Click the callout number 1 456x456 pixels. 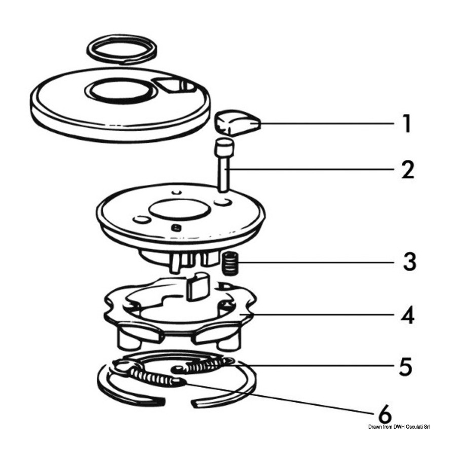pos(408,124)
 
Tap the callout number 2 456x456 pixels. pos(408,170)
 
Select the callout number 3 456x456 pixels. pos(410,261)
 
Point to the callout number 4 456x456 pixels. pos(408,315)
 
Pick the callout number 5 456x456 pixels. pos(405,366)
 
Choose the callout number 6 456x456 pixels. pos(385,414)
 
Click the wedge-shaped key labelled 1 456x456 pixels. pos(237,123)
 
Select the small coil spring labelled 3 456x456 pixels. pos(230,263)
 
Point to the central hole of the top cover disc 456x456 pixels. pos(120,91)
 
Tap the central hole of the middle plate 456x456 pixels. pos(178,210)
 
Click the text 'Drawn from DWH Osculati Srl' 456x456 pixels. pos(399,427)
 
